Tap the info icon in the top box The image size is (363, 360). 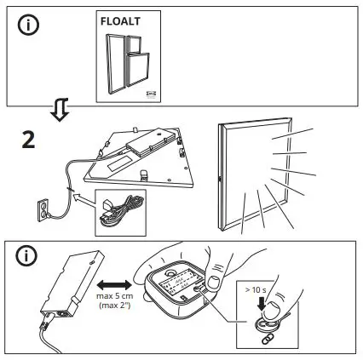(28, 25)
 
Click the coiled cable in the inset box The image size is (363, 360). (120, 210)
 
